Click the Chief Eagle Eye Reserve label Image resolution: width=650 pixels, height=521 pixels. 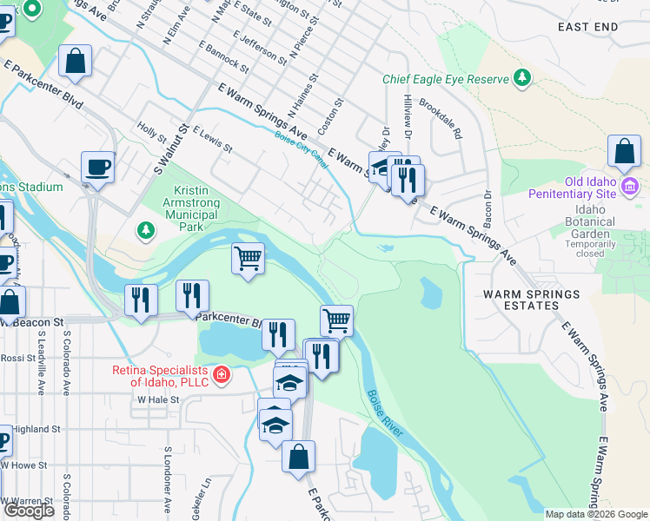coord(445,79)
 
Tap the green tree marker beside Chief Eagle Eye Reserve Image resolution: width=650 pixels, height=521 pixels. coord(522,79)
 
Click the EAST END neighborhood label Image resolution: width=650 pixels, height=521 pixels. coord(588,27)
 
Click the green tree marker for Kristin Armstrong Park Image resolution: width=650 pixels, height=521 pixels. coord(145,230)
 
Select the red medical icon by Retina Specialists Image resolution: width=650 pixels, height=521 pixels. coord(222,375)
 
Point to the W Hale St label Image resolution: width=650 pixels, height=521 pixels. coord(157,399)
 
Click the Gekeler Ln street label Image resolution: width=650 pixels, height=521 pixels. coord(207,495)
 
